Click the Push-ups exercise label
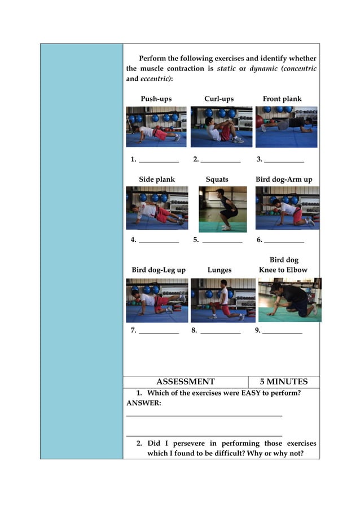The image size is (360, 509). click(x=156, y=99)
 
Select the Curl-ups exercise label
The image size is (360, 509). click(x=219, y=99)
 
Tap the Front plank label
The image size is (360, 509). click(x=282, y=99)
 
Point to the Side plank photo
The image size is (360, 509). click(x=157, y=208)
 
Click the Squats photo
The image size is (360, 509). click(x=222, y=209)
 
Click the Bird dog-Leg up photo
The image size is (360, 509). click(x=157, y=300)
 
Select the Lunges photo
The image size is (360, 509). click(x=222, y=300)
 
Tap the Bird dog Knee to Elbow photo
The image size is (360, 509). click(x=289, y=300)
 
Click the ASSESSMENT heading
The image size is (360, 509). click(x=185, y=382)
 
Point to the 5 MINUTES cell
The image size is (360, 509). click(x=284, y=382)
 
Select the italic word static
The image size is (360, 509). click(x=226, y=69)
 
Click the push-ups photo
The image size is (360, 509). click(x=156, y=126)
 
